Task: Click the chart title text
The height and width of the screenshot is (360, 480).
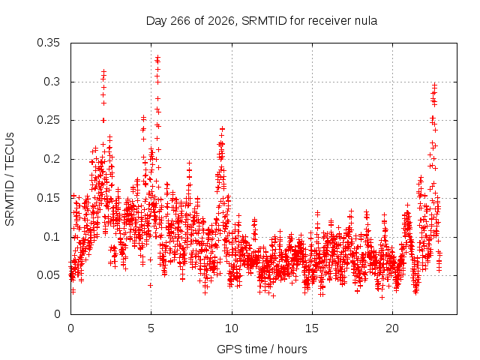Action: [262, 21]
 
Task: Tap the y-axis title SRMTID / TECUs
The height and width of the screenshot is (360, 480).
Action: [10, 179]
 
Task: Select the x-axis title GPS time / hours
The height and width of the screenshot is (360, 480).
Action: [262, 349]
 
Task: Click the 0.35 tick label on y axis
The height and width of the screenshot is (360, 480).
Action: [48, 43]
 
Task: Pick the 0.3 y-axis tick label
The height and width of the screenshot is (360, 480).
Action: [52, 82]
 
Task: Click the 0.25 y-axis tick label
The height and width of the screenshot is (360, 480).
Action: [48, 120]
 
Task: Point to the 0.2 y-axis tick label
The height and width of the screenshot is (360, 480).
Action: [52, 159]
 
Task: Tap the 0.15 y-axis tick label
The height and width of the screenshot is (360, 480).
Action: [48, 198]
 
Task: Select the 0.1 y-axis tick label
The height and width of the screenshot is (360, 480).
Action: [52, 237]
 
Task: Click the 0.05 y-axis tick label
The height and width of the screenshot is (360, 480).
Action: [48, 275]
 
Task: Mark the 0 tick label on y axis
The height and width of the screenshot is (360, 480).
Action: [57, 314]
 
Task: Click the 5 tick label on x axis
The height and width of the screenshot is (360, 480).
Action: [151, 328]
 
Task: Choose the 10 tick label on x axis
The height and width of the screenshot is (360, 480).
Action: [232, 328]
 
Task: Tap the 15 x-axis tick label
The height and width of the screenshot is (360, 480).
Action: [312, 328]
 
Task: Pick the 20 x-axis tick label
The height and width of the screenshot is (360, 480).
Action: [392, 328]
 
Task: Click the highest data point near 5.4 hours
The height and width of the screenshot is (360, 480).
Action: [158, 57]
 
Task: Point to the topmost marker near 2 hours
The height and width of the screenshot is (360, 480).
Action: [103, 71]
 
